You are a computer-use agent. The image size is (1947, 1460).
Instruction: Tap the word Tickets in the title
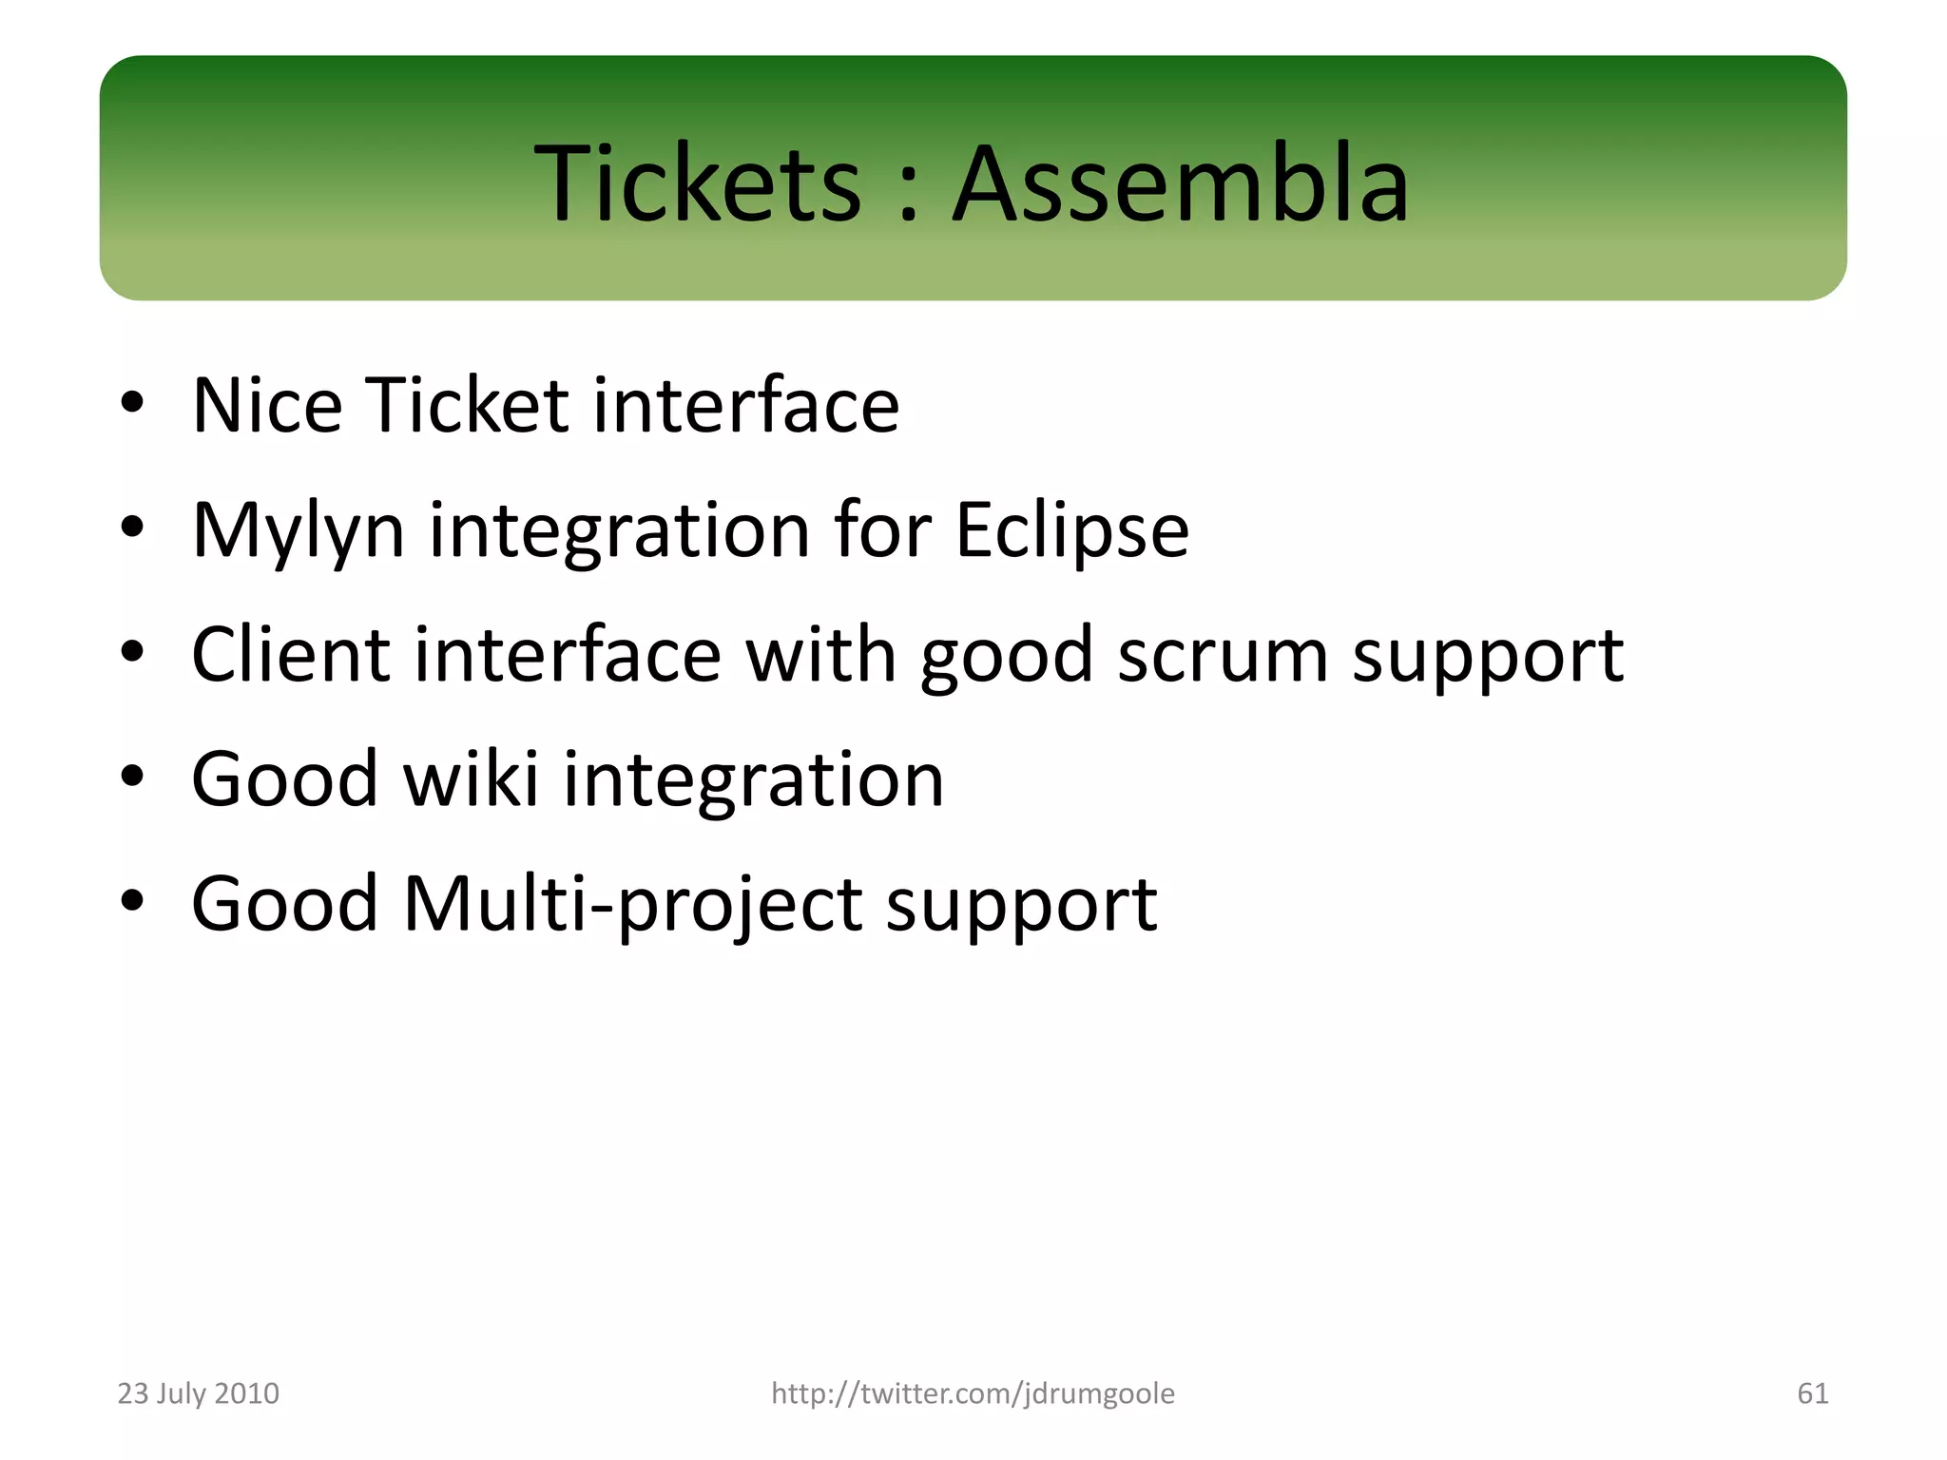pos(698,183)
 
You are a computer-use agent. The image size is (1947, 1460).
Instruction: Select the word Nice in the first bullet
pos(267,406)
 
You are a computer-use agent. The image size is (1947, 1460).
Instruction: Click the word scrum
pos(1222,656)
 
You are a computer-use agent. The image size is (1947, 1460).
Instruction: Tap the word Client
pos(290,656)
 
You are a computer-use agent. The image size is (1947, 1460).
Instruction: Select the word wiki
pos(472,779)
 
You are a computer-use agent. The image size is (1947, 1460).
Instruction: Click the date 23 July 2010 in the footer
pos(198,1393)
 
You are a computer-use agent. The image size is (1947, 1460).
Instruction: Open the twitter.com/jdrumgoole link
pos(973,1393)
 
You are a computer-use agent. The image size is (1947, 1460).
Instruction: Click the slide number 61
pos(1812,1393)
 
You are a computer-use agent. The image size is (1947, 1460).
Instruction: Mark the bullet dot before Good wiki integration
pos(132,777)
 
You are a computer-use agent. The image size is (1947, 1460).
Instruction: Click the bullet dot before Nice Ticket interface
pos(132,403)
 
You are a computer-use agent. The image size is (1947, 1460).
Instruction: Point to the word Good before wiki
pos(285,779)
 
